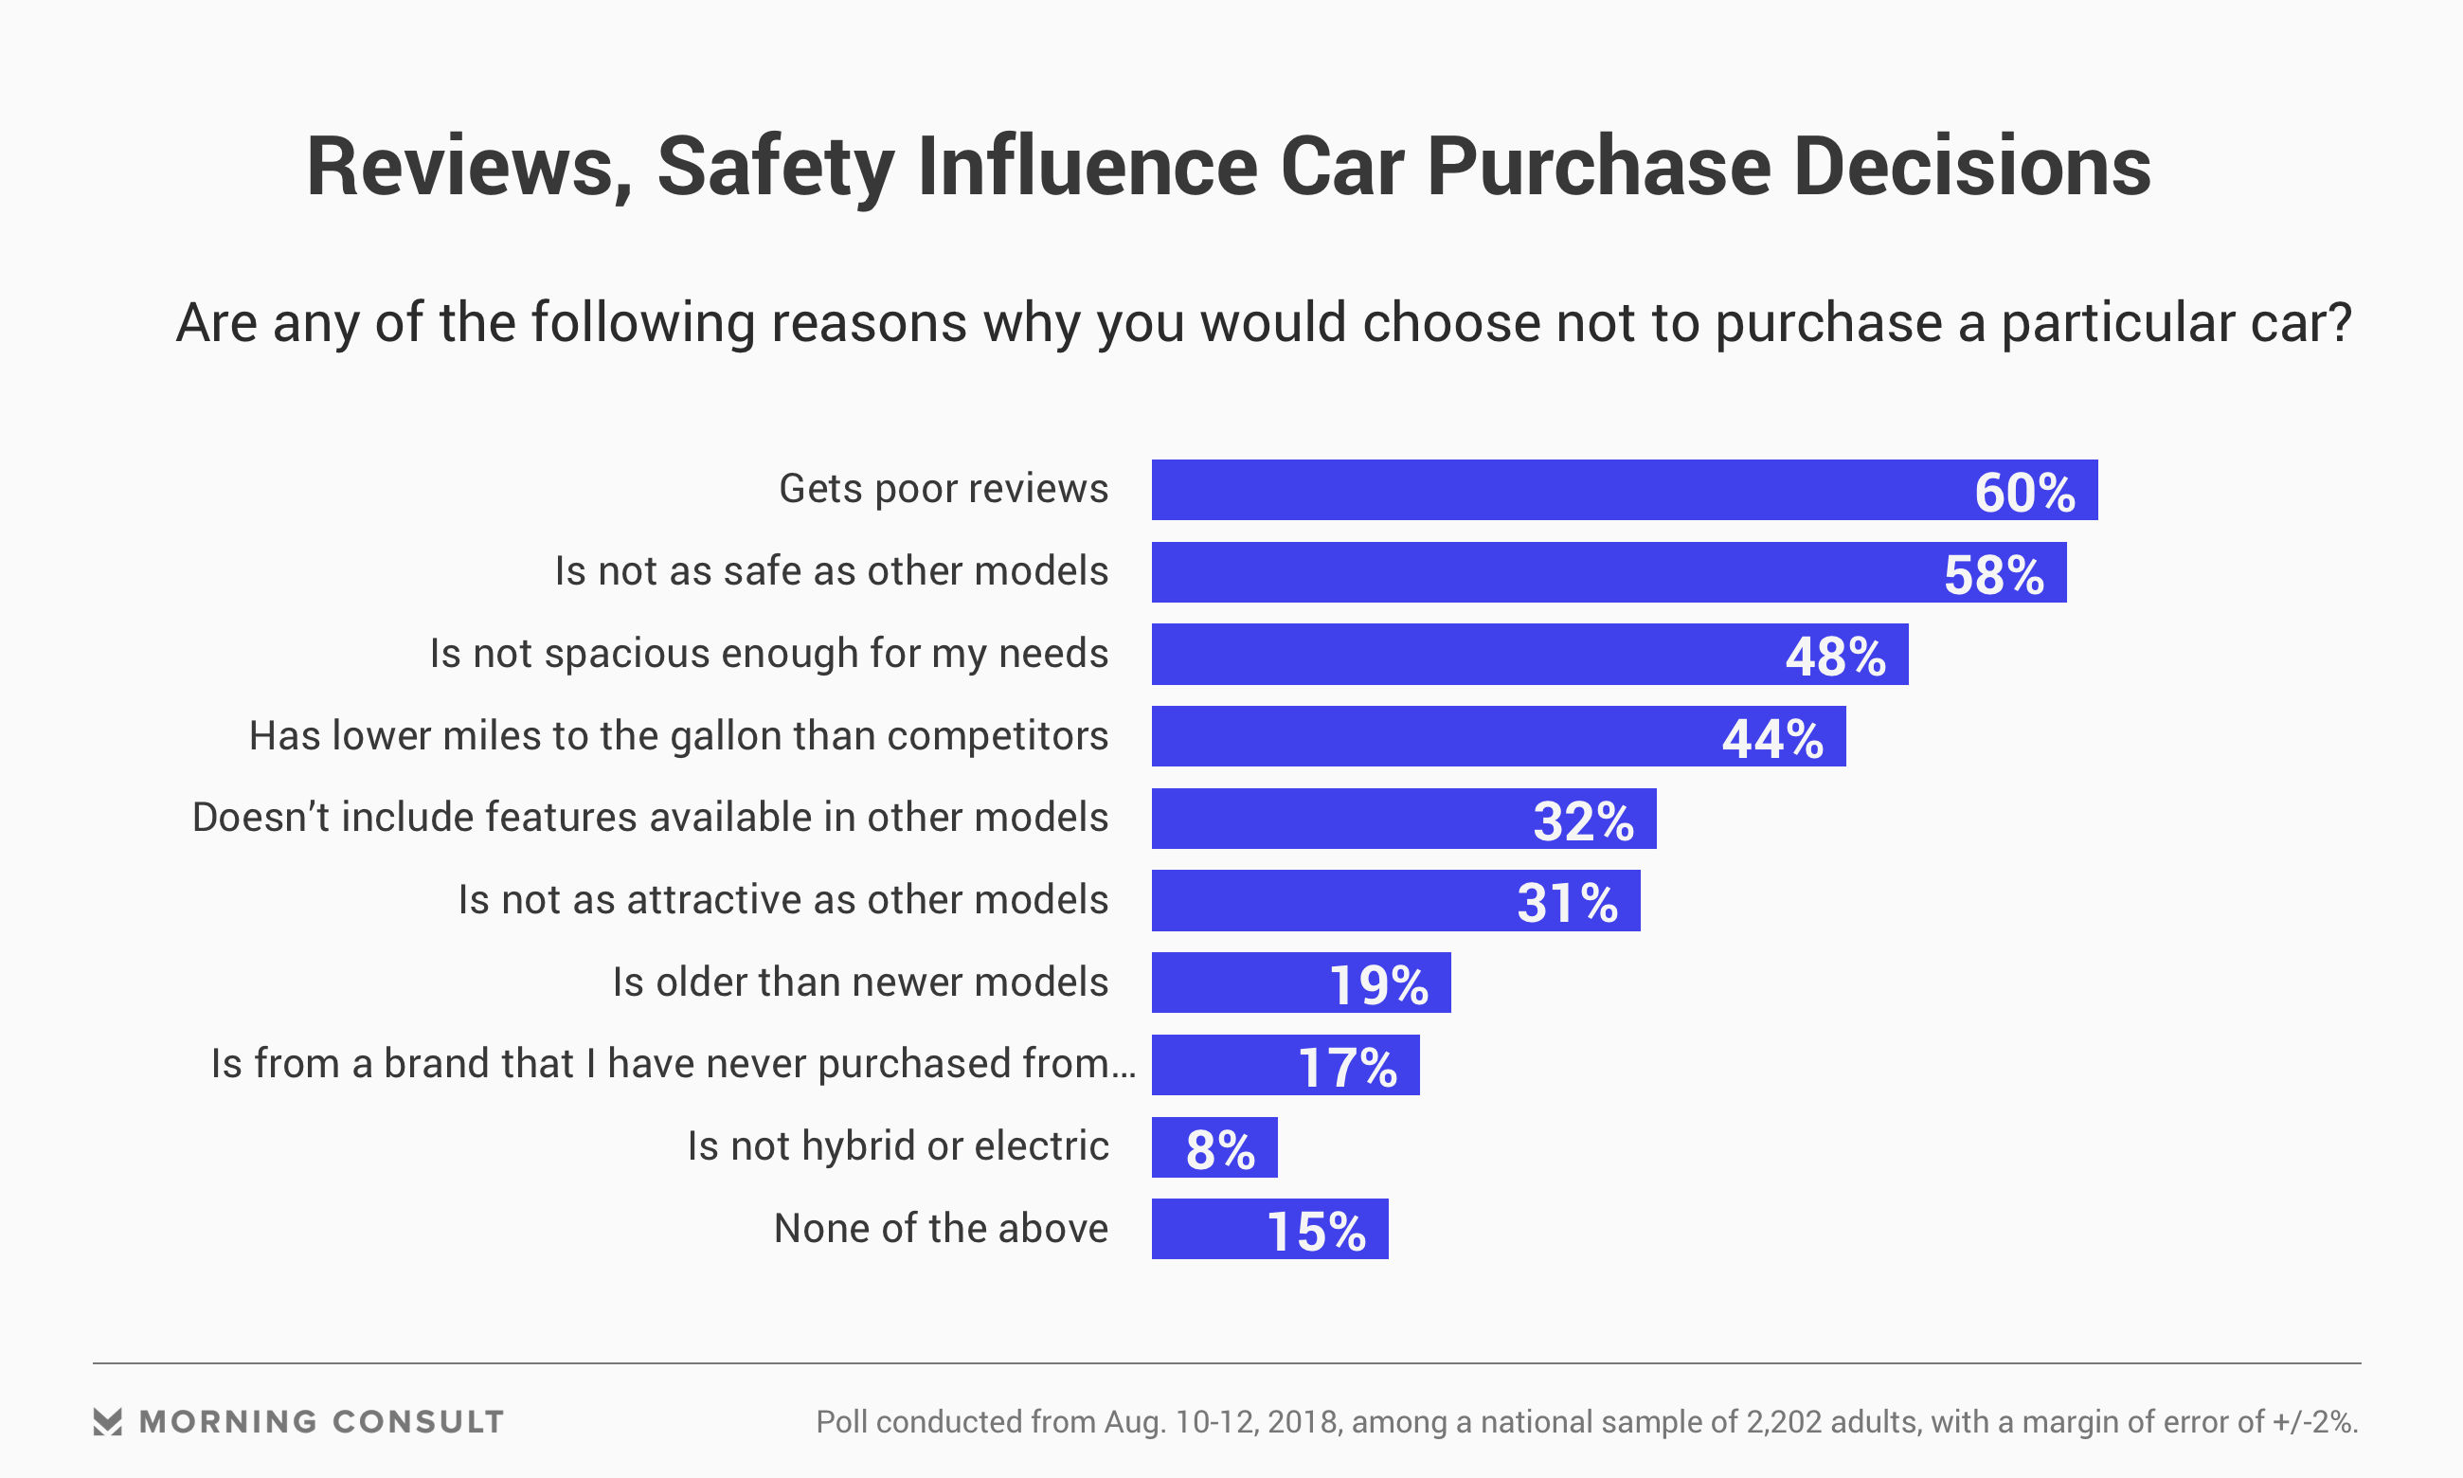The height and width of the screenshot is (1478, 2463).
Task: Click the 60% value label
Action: tap(2024, 492)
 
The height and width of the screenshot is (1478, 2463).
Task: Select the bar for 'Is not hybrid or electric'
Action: tap(1214, 1147)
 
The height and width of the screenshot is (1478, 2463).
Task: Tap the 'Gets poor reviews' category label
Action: tap(943, 489)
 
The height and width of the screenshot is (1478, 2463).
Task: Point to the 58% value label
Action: tap(1993, 575)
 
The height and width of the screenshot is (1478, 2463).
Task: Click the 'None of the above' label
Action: tap(941, 1228)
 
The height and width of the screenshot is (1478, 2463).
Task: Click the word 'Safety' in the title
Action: tap(775, 168)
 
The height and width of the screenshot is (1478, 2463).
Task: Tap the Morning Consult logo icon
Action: tap(108, 1421)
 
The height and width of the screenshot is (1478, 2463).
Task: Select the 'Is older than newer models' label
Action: tap(860, 982)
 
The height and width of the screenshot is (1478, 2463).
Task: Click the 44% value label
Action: tap(1772, 739)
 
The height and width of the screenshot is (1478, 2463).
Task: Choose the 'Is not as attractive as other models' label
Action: tap(782, 899)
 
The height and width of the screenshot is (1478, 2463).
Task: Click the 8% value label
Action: tap(1219, 1149)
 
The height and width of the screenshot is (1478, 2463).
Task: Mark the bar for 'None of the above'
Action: tap(1269, 1229)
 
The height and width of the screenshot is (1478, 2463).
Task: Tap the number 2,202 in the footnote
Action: tap(1781, 1421)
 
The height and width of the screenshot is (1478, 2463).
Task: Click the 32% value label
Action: tap(1583, 821)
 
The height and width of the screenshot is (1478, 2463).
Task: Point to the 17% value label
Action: tap(1347, 1068)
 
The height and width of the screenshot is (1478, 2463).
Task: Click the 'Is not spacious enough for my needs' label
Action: tap(768, 654)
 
